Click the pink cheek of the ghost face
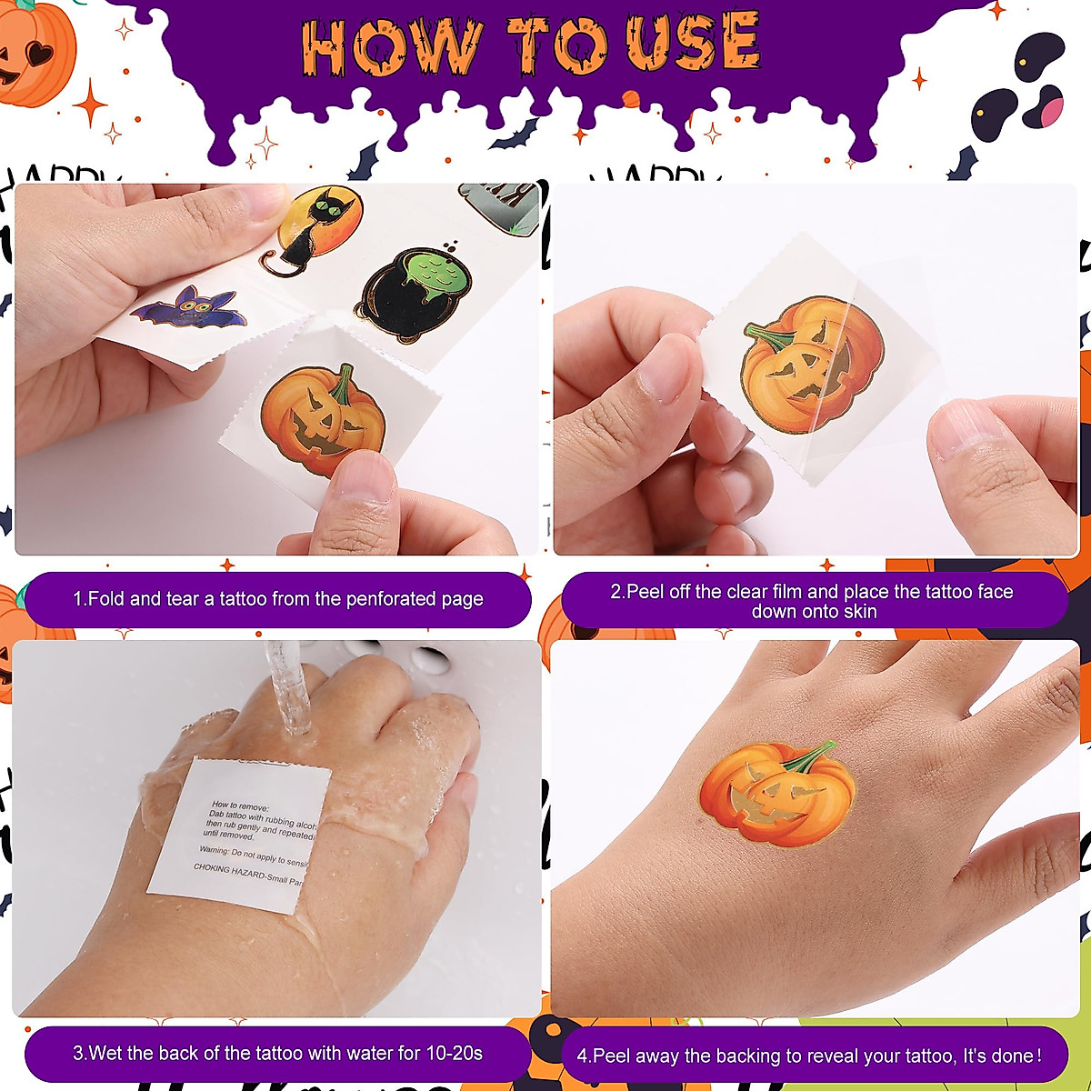(x=1050, y=111)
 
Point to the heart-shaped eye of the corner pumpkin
(x=40, y=54)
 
